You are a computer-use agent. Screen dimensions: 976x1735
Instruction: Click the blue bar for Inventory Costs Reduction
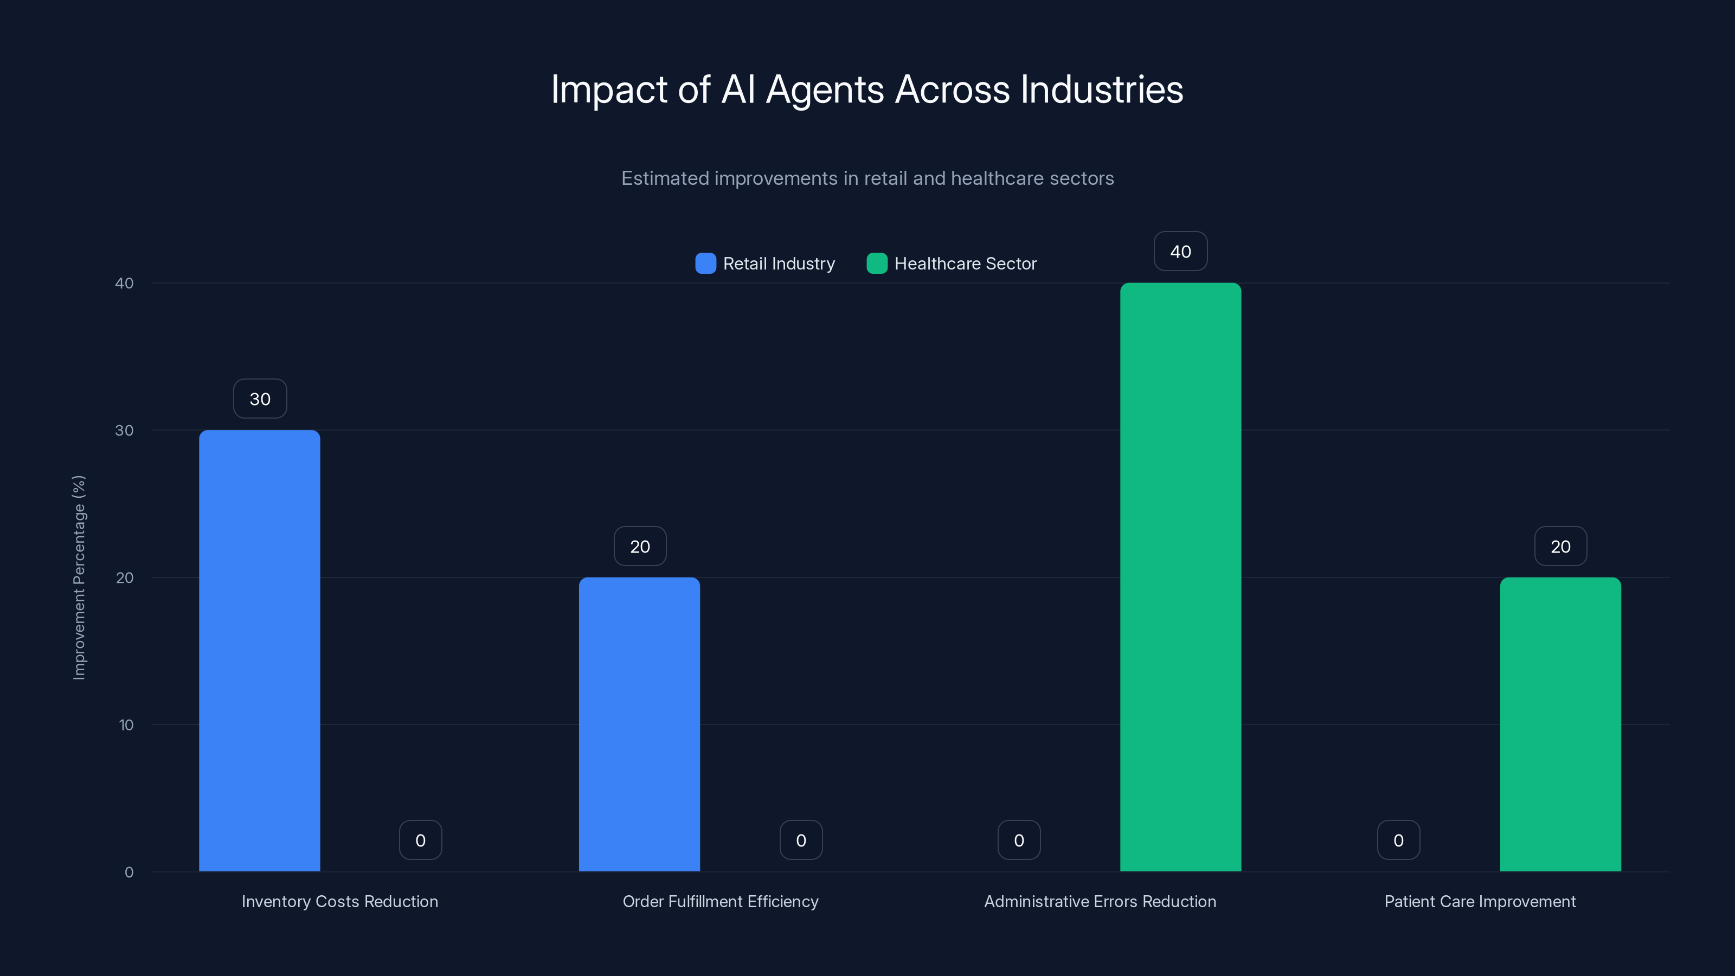pyautogui.click(x=259, y=650)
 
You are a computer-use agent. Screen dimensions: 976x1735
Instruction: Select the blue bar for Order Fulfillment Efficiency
pyautogui.click(x=639, y=724)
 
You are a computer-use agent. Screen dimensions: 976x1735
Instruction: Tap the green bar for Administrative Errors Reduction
pyautogui.click(x=1180, y=576)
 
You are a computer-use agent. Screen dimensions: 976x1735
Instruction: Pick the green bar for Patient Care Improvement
pyautogui.click(x=1560, y=724)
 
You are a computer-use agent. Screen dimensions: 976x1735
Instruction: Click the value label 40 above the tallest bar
pyautogui.click(x=1180, y=251)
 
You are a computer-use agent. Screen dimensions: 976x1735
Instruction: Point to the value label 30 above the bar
pyautogui.click(x=260, y=399)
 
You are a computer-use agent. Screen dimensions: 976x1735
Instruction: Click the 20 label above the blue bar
pyautogui.click(x=640, y=546)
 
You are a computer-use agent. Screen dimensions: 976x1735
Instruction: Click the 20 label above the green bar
pyautogui.click(x=1560, y=546)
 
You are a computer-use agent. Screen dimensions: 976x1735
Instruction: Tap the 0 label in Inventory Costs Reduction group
pyautogui.click(x=420, y=840)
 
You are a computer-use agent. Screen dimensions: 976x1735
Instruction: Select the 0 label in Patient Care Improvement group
pyautogui.click(x=1398, y=840)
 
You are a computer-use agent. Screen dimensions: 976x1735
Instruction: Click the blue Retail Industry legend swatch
pyautogui.click(x=705, y=264)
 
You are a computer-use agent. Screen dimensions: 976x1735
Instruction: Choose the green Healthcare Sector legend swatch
pyautogui.click(x=876, y=264)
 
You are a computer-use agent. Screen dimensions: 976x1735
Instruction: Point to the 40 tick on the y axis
pyautogui.click(x=125, y=283)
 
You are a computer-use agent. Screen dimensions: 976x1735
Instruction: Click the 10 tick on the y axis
pyautogui.click(x=126, y=725)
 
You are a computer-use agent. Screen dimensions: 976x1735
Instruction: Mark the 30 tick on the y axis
pyautogui.click(x=125, y=431)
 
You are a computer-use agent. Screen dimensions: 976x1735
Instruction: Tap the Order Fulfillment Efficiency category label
pyautogui.click(x=720, y=901)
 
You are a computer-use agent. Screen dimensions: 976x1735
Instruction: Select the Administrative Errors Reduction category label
pyautogui.click(x=1100, y=901)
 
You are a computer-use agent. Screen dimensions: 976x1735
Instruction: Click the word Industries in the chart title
pyautogui.click(x=1101, y=89)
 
